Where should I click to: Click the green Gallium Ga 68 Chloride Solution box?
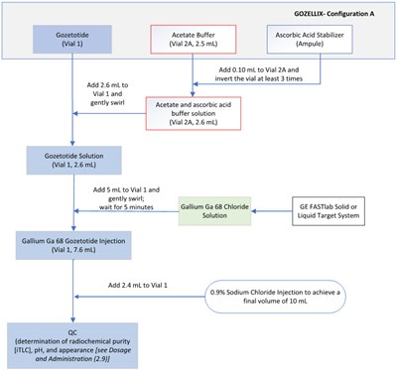pyautogui.click(x=219, y=210)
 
